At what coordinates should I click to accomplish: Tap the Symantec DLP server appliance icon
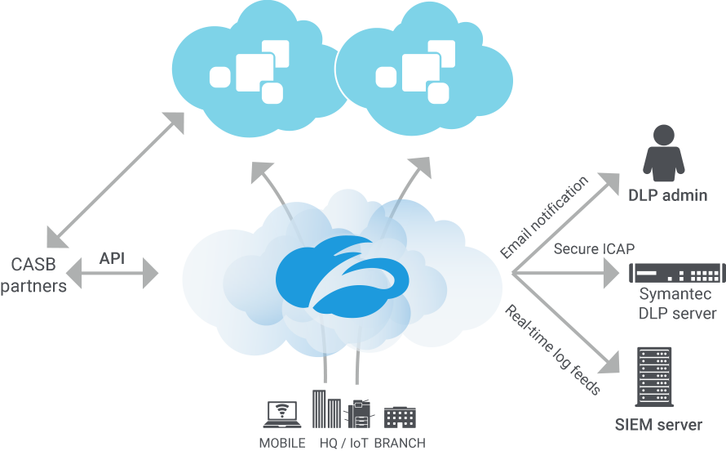click(676, 273)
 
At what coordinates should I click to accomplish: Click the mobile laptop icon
click(281, 414)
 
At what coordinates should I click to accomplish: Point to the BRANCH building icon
click(400, 417)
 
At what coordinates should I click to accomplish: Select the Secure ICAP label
click(582, 248)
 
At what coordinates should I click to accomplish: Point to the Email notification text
click(544, 218)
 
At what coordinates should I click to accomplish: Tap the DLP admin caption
click(667, 195)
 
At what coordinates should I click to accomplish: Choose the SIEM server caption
click(658, 425)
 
